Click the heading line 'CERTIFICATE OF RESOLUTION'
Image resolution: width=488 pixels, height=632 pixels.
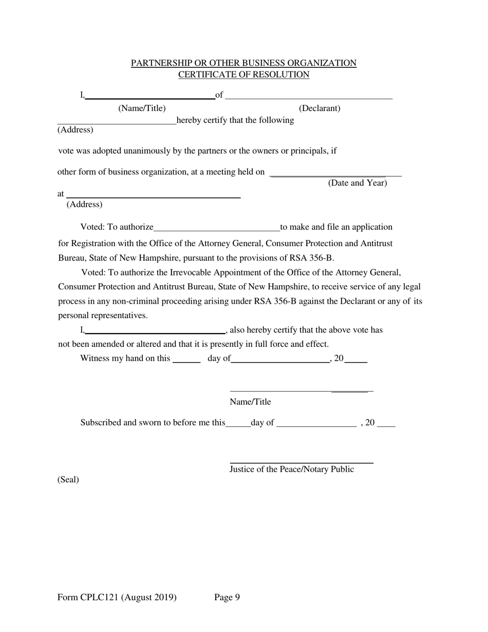pyautogui.click(x=243, y=75)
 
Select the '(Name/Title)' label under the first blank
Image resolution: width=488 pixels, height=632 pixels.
pyautogui.click(x=142, y=108)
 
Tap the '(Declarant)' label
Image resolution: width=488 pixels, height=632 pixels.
pyautogui.click(x=320, y=108)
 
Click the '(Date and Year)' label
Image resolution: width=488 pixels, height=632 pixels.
pyautogui.click(x=358, y=183)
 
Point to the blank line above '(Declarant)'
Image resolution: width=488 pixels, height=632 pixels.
pyautogui.click(x=309, y=97)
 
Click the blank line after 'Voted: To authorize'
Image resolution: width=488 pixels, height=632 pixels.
pyautogui.click(x=216, y=230)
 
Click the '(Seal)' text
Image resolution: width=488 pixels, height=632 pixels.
pyautogui.click(x=68, y=479)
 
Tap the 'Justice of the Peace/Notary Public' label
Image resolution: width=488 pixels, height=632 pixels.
pyautogui.click(x=291, y=469)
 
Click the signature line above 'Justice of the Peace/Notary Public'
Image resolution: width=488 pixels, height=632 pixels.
pyautogui.click(x=301, y=462)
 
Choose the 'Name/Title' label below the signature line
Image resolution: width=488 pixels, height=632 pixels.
pyautogui.click(x=250, y=402)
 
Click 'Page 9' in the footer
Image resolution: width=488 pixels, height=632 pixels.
pyautogui.click(x=227, y=597)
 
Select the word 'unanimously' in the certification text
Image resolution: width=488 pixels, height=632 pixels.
pyautogui.click(x=126, y=151)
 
